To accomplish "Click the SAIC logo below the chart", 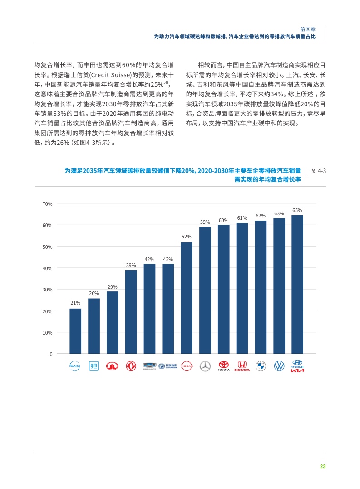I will (x=75, y=366).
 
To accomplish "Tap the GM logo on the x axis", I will (x=94, y=366).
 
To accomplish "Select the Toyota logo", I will (x=224, y=366).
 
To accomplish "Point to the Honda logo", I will (x=242, y=366).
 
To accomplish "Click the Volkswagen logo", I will (x=279, y=366).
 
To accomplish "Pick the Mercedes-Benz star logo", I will (x=205, y=366).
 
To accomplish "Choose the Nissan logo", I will (x=187, y=366).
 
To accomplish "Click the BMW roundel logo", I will (x=261, y=366).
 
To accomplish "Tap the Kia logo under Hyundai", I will (x=297, y=370).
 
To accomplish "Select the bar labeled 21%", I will (x=75, y=331).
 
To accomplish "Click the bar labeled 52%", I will (x=187, y=298).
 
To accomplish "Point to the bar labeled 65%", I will (x=297, y=284).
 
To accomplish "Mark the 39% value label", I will (x=131, y=265).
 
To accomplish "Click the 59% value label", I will (x=205, y=222).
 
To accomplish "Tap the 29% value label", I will (x=112, y=286).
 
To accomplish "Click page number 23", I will (x=323, y=466).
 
